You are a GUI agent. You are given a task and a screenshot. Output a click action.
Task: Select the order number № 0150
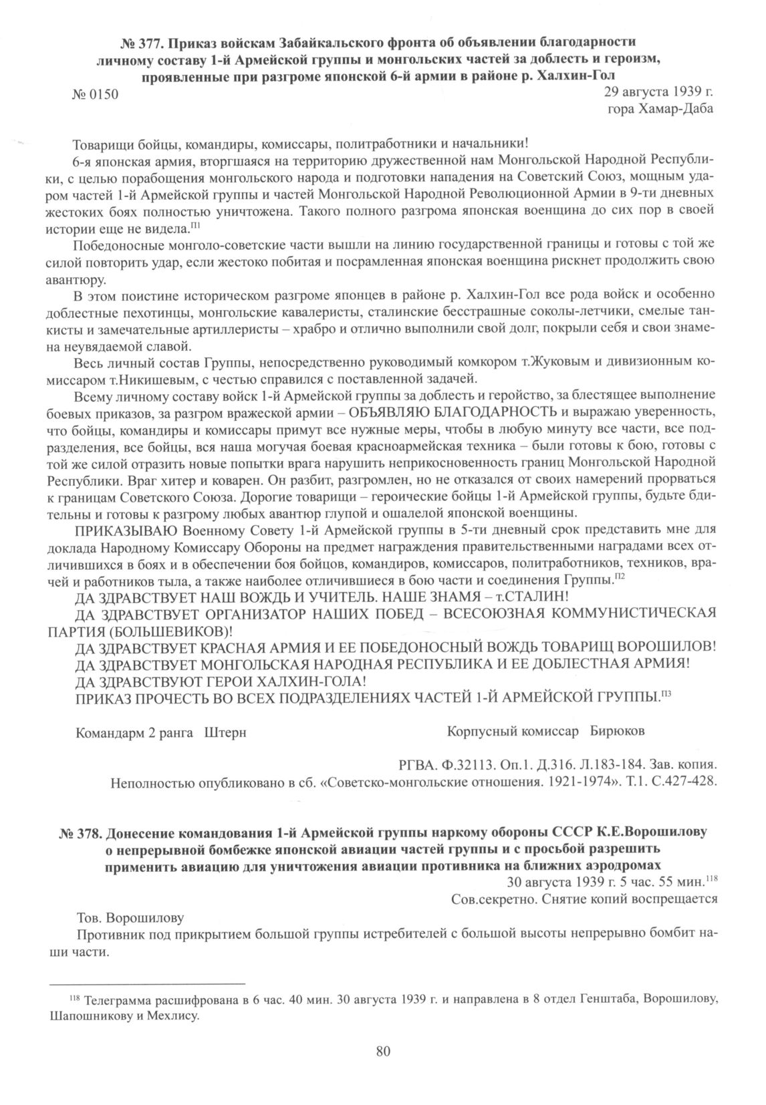(x=94, y=94)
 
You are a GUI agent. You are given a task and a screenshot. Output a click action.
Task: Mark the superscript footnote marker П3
(x=666, y=695)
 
